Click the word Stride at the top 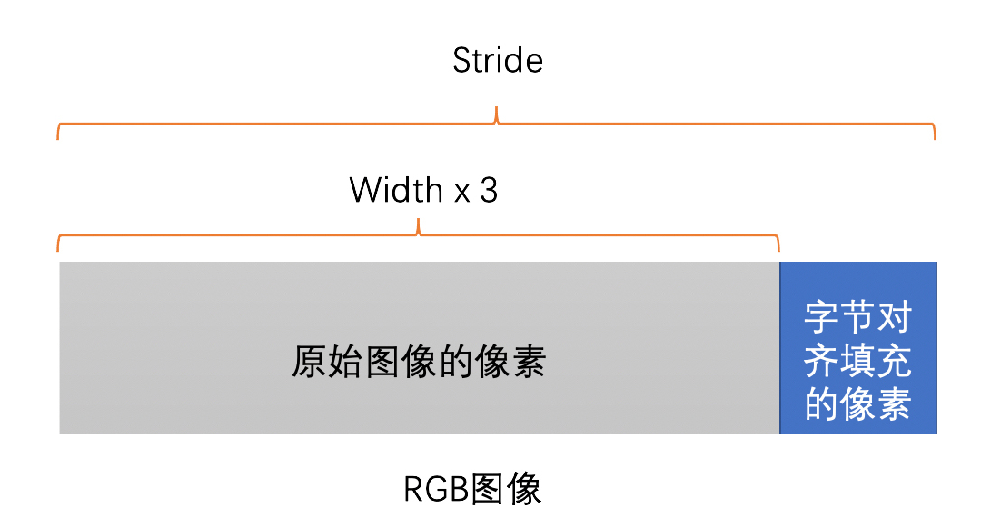(498, 61)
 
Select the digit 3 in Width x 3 (489, 191)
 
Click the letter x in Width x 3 (461, 194)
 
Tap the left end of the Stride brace (58, 136)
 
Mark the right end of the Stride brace (935, 136)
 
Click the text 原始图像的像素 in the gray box (419, 363)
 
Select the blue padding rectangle (857, 348)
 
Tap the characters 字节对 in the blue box (857, 319)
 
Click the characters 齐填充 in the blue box (857, 363)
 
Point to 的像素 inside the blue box (857, 405)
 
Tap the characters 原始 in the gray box (326, 363)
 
